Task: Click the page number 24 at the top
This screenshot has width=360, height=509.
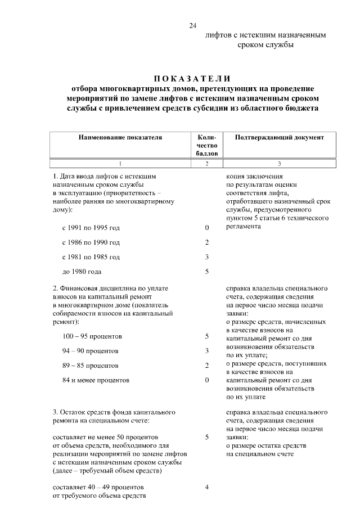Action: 193,25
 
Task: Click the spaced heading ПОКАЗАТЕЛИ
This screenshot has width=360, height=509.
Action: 192,78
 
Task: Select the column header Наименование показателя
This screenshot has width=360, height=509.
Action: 120,137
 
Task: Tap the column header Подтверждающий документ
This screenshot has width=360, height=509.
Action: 279,137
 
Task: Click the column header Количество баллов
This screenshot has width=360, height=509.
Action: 206,145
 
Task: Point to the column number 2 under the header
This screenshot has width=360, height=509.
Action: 206,164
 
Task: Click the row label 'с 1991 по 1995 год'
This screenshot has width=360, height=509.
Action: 91,228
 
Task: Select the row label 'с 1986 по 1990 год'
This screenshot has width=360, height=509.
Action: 91,242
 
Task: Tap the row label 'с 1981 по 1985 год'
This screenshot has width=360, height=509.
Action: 91,257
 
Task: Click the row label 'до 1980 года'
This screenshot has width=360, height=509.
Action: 82,272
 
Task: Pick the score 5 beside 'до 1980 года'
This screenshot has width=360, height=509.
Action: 207,272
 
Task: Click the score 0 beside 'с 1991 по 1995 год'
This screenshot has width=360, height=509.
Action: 207,228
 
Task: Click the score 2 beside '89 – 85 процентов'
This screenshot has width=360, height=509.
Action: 207,366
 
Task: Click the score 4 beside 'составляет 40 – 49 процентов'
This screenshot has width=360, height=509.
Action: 207,487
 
